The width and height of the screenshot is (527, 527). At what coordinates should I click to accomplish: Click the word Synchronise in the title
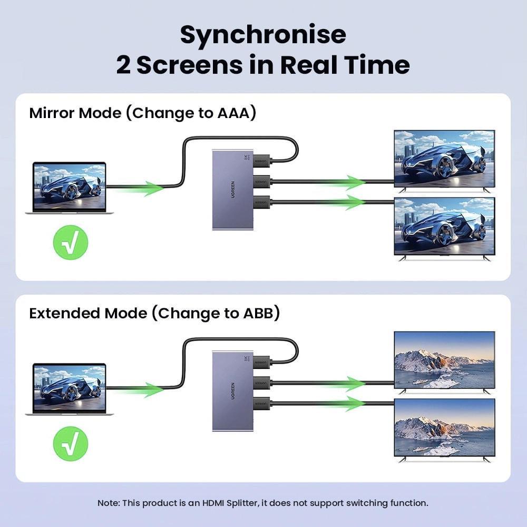click(x=263, y=35)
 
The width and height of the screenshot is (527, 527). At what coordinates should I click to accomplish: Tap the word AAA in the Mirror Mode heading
click(x=237, y=113)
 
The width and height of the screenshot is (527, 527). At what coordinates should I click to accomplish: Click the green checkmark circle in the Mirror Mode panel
click(x=71, y=242)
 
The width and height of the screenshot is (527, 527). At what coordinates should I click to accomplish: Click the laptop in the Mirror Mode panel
click(x=70, y=188)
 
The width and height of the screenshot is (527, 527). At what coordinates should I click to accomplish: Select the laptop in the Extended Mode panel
click(x=70, y=389)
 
